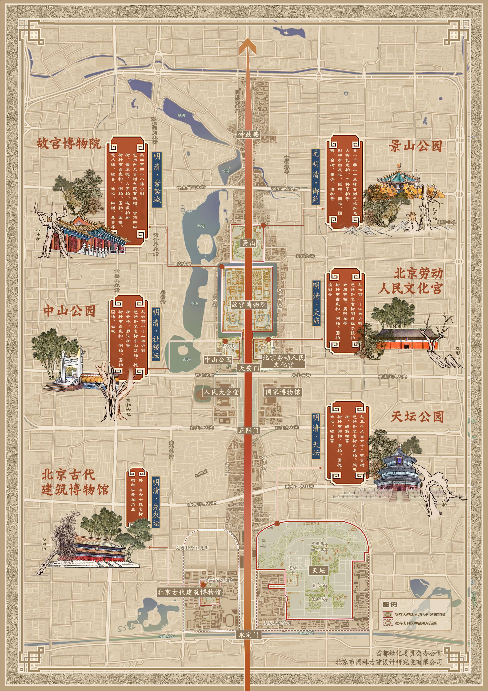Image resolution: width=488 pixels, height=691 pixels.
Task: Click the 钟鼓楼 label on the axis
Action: point(249,134)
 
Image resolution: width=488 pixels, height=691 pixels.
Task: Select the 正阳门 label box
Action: point(249,430)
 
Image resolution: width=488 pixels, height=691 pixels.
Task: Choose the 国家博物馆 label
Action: point(283,392)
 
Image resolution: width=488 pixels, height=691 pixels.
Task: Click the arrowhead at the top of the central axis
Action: point(248,45)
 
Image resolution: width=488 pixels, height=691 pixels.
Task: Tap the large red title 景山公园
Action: point(415,146)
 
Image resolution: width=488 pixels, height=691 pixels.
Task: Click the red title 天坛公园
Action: point(417,417)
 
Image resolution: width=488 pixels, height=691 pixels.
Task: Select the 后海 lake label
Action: point(181,115)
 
